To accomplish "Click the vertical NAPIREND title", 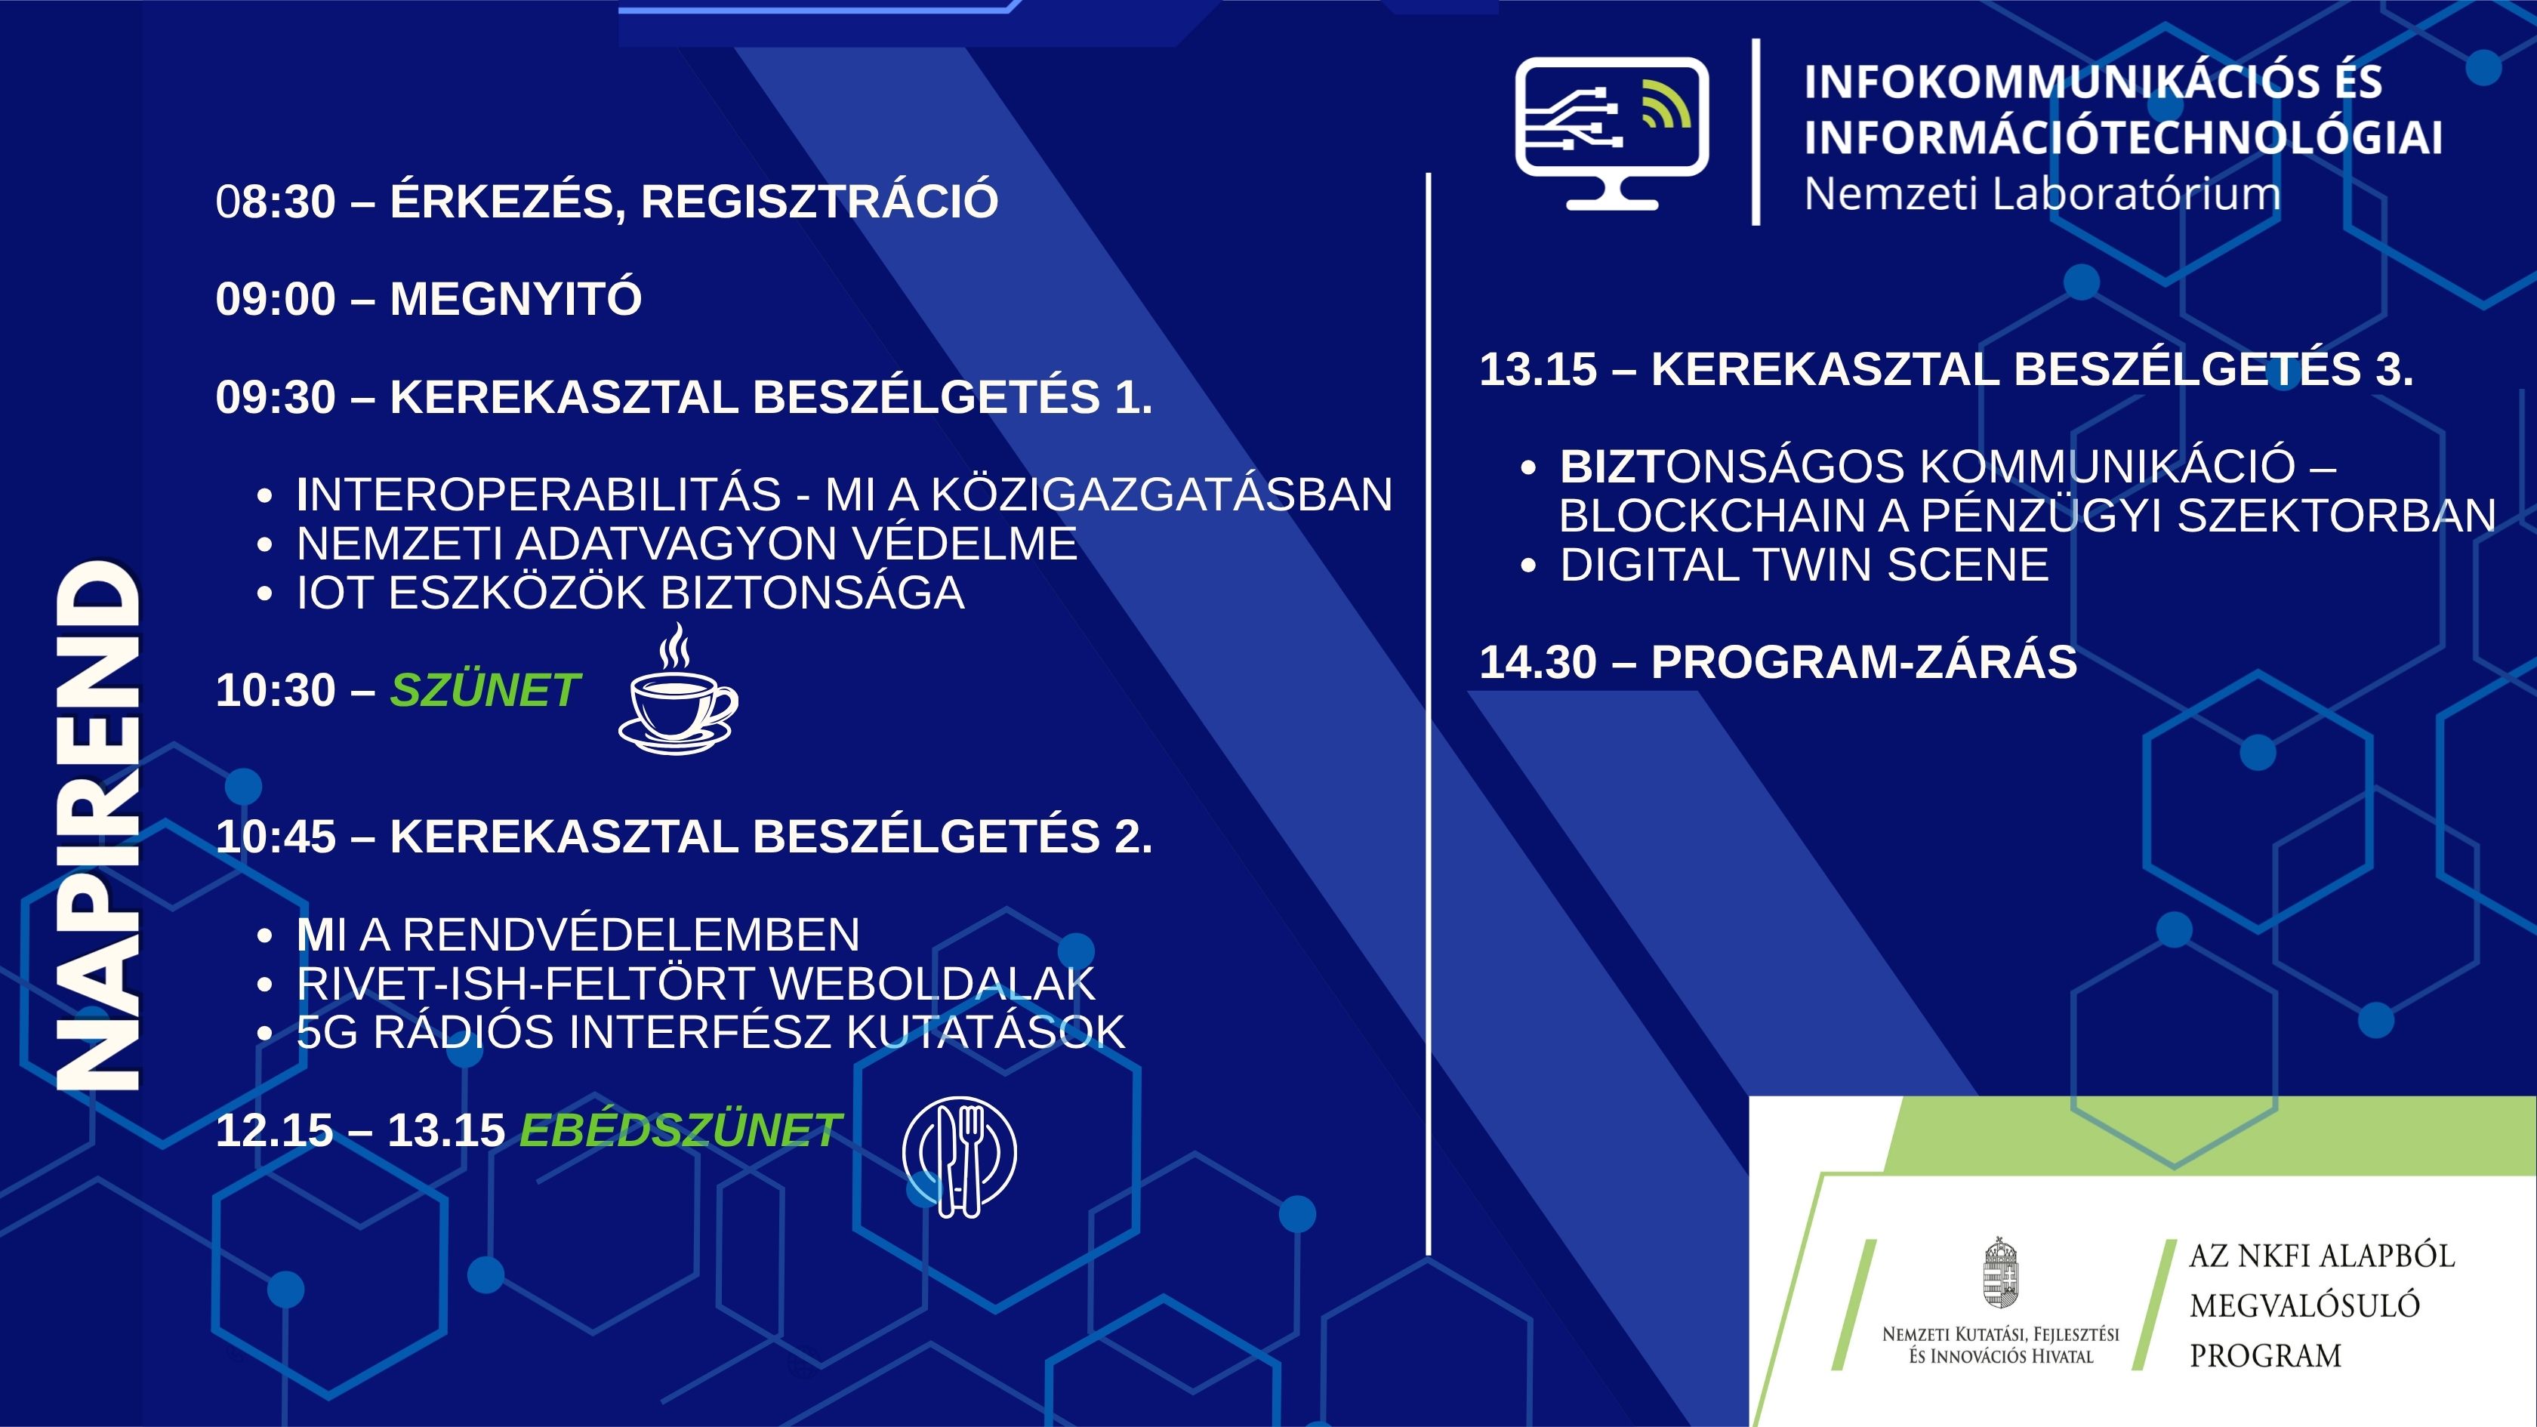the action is pos(97,825).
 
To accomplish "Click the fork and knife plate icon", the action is pos(959,1156).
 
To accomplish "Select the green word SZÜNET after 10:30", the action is pos(486,690).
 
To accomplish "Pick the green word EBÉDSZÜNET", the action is pos(680,1130).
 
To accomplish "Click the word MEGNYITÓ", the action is pos(516,298).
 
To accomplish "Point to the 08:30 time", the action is pos(276,201).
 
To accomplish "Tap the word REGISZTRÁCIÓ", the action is pos(819,201).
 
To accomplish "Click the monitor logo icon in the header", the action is pos(1612,133).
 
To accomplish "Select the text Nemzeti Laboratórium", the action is pos(2042,194).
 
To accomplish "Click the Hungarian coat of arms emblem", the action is pos(2000,1272).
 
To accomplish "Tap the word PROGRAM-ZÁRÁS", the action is pos(1863,662).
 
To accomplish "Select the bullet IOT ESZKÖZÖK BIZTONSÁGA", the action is pos(630,593).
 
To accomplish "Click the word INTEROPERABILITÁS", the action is pos(538,495).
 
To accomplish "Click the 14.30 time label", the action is pos(1538,662).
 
